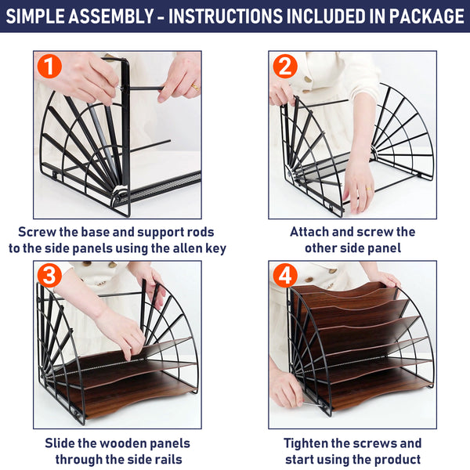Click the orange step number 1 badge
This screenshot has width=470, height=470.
(x=49, y=67)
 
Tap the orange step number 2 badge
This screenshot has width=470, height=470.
(x=284, y=67)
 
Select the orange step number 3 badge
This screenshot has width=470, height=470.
(x=49, y=276)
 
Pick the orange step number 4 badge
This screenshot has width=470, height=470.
(x=284, y=276)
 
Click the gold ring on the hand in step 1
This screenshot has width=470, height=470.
(x=193, y=87)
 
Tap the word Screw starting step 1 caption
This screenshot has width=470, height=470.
(x=37, y=232)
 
